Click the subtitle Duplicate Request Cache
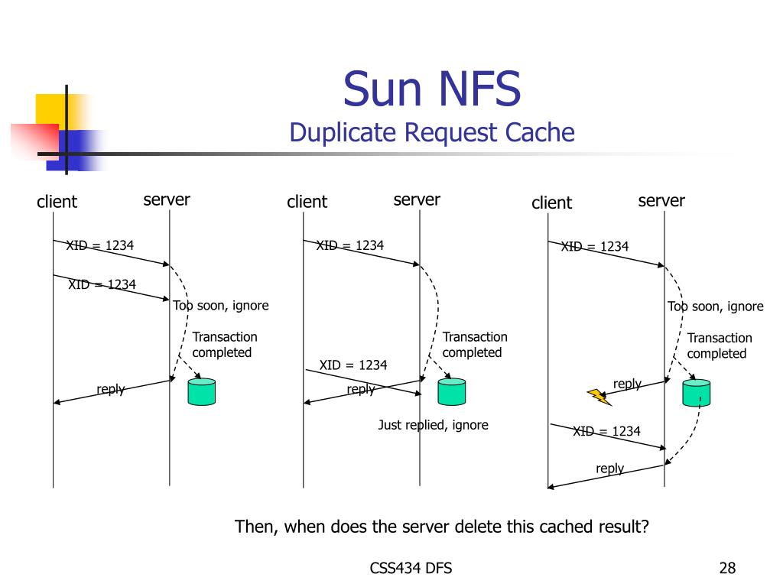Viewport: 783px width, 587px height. coord(432,132)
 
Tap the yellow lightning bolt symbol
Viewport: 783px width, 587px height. coord(599,396)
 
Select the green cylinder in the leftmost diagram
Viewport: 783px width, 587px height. coord(202,391)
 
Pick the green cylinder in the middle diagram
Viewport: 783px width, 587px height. coord(451,391)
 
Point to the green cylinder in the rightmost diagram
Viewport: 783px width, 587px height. coord(697,392)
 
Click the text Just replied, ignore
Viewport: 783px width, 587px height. coord(433,425)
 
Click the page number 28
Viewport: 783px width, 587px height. coord(727,568)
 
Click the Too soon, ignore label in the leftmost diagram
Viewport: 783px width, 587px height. coord(221,306)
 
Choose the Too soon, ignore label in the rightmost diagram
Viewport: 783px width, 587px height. coord(716,306)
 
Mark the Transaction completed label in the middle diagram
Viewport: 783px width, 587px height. coord(474,345)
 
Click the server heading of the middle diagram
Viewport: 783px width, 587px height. coord(417,200)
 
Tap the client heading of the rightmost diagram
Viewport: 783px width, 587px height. coord(551,203)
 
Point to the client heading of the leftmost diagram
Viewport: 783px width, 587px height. coord(57,202)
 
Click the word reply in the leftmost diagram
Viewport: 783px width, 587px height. coord(110,389)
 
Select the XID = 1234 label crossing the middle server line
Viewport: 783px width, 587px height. coord(353,365)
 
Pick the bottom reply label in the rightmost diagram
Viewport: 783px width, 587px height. coord(609,469)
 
